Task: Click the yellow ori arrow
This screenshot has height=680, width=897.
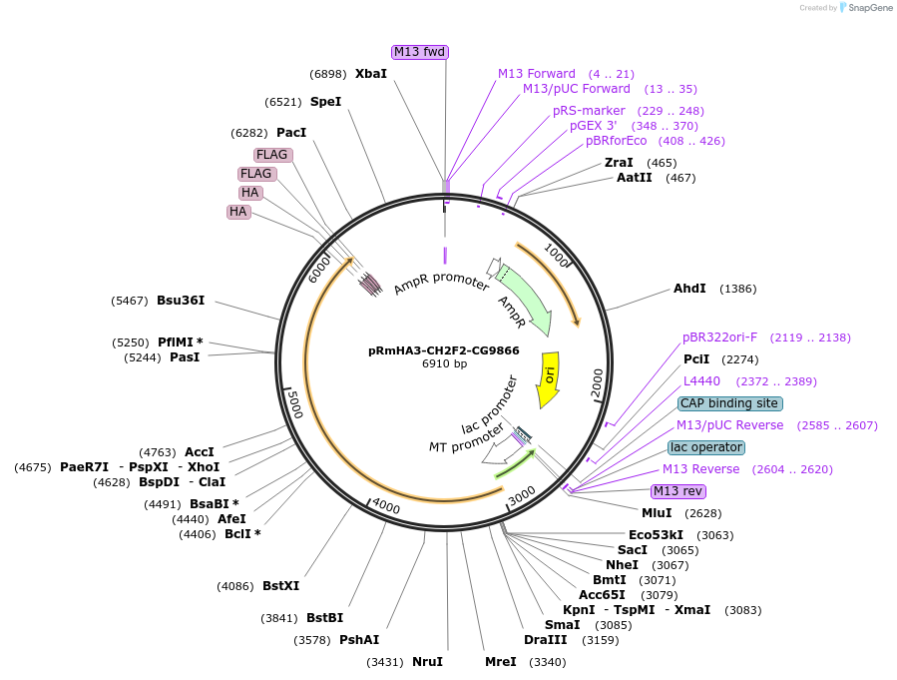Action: (548, 378)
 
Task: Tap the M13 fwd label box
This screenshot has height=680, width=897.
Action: (419, 52)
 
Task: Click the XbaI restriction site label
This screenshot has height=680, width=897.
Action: (371, 74)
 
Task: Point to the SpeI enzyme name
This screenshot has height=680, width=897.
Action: (325, 102)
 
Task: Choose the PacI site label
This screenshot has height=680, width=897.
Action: (291, 133)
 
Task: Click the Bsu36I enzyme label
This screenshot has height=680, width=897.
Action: (181, 301)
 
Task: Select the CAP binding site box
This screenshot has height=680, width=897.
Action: (729, 403)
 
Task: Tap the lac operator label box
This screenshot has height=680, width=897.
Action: (706, 447)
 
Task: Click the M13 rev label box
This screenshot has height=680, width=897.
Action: (678, 491)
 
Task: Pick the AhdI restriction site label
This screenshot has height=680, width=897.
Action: (689, 289)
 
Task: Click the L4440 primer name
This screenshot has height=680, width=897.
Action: (701, 381)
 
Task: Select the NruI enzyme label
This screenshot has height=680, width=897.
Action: (427, 662)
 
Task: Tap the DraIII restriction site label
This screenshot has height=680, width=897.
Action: (545, 640)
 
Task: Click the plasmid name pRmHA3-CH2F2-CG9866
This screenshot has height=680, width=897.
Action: (444, 350)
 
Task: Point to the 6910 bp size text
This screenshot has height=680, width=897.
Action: (444, 364)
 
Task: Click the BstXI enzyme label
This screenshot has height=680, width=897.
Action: (280, 586)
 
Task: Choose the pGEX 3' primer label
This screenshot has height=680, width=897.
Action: (594, 126)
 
